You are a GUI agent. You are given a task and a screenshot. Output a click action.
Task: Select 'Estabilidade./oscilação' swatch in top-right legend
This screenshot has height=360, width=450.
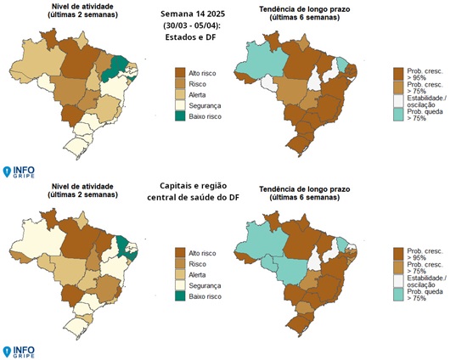click(399, 102)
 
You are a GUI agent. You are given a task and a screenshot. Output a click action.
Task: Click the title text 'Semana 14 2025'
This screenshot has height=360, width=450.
click(190, 14)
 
